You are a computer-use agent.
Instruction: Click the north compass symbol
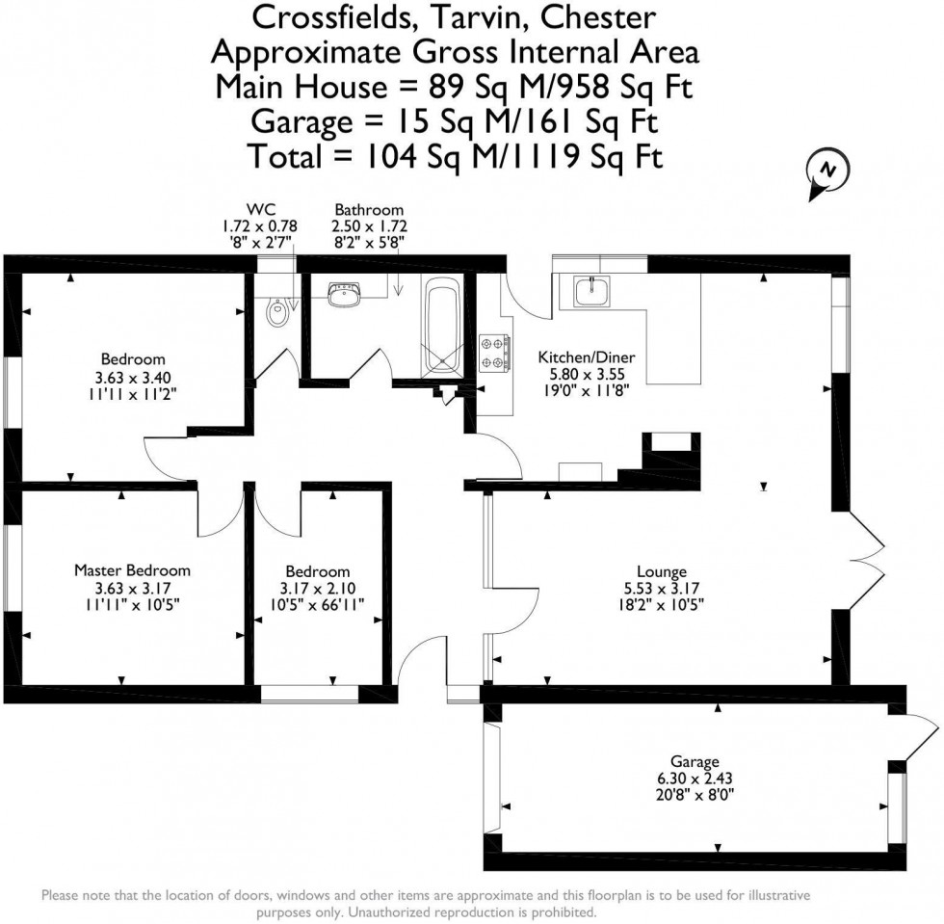pyautogui.click(x=826, y=171)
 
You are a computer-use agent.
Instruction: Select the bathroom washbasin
pyautogui.click(x=344, y=293)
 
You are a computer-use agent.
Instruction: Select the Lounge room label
pyautogui.click(x=659, y=570)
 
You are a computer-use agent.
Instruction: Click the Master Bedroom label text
pyautogui.click(x=132, y=570)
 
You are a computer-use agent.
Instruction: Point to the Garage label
pyautogui.click(x=695, y=761)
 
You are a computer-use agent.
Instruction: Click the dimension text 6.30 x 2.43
pyautogui.click(x=695, y=779)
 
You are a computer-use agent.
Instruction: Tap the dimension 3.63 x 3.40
pyautogui.click(x=132, y=377)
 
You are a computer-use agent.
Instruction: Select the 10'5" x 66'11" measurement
pyautogui.click(x=322, y=605)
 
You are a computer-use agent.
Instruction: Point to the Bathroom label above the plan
pyautogui.click(x=369, y=209)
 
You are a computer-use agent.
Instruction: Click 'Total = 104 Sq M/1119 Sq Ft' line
pyautogui.click(x=455, y=154)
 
